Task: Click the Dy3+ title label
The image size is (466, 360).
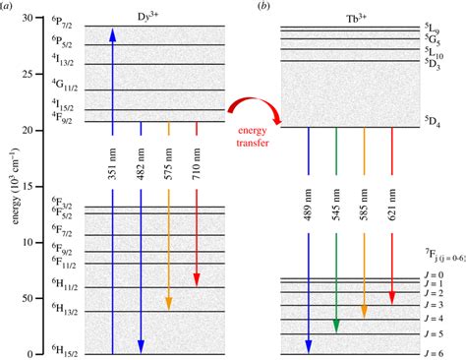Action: point(147,17)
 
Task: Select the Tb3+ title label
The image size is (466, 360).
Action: point(356,19)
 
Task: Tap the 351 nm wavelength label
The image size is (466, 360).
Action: point(113,163)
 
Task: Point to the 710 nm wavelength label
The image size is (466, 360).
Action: point(197,163)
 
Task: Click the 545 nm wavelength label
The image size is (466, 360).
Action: point(336,204)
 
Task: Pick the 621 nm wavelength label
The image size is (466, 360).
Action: point(392,204)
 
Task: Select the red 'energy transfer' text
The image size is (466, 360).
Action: point(253,137)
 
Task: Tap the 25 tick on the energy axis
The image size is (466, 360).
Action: point(38,74)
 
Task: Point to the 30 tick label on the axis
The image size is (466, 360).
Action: point(28,18)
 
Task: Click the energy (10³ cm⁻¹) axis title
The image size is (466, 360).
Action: point(16,186)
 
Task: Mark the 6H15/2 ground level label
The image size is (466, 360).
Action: point(65,350)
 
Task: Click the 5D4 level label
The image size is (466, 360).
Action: point(433,122)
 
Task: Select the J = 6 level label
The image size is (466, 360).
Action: point(434,353)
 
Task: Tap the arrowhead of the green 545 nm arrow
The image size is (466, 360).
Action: point(336,326)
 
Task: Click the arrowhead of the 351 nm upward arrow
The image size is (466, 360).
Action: point(113,35)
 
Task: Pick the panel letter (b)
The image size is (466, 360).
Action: point(263,6)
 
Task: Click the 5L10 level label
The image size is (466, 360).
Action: point(434,52)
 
